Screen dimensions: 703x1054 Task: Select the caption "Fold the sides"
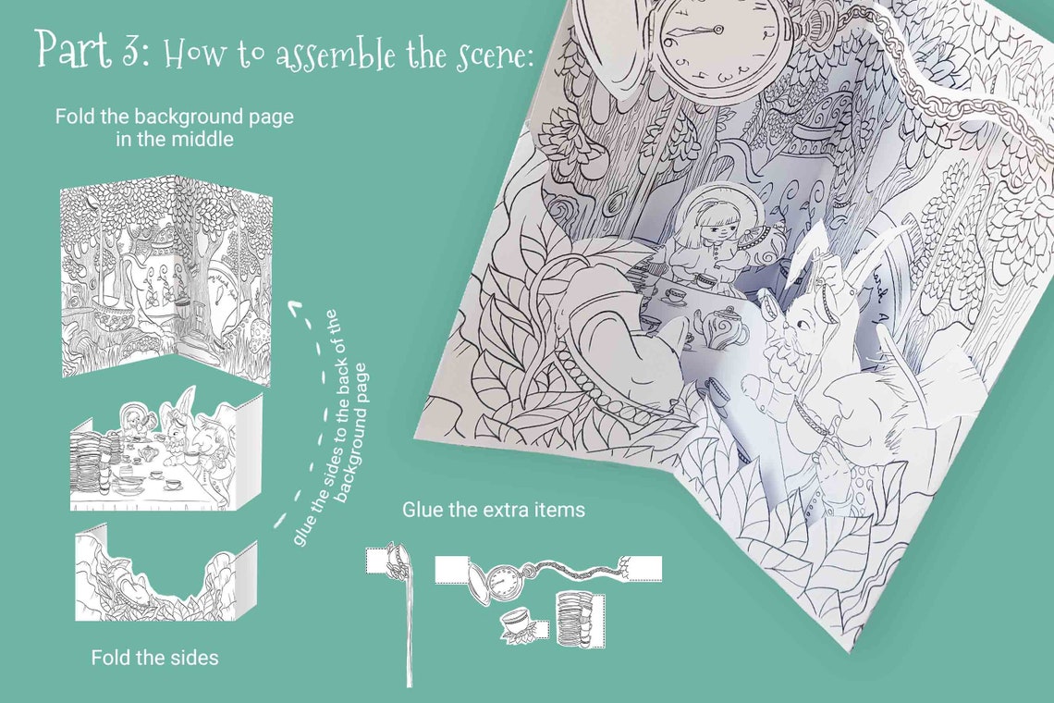pyautogui.click(x=155, y=658)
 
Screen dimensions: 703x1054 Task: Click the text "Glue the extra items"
pyautogui.click(x=494, y=510)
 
